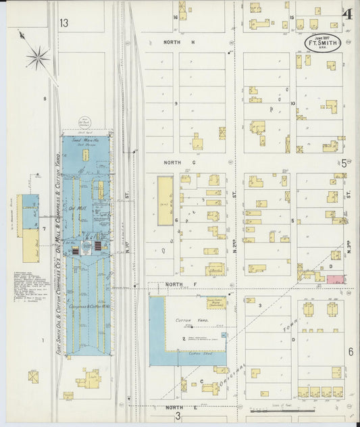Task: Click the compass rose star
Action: pos(38,56)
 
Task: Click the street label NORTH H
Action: pos(178,42)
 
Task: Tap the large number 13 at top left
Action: pos(63,23)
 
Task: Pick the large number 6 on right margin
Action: pos(351,352)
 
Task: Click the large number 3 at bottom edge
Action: pos(178,416)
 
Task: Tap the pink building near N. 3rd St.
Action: pos(336,279)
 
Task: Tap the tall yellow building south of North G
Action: pos(165,201)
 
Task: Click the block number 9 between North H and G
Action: pos(176,103)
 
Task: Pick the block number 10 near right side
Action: pos(292,103)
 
